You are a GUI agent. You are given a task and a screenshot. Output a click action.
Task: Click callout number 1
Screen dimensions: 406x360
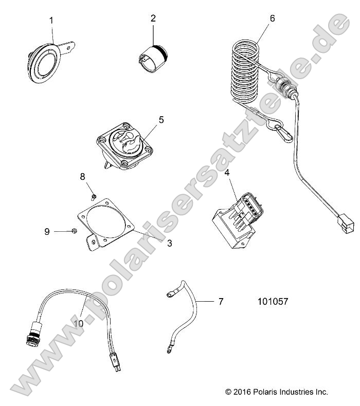(51, 21)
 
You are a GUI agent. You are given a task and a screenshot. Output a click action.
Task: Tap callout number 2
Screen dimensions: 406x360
(153, 19)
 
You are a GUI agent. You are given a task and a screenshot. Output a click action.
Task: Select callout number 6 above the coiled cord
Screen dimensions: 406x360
(272, 19)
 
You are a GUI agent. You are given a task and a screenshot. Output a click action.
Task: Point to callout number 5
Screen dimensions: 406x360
(161, 120)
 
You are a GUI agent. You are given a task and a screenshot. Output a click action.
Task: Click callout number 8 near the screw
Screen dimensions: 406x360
(82, 177)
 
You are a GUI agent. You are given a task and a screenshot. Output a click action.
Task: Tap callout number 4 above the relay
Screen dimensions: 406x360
(227, 173)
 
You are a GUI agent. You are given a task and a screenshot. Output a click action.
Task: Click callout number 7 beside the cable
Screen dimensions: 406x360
(221, 302)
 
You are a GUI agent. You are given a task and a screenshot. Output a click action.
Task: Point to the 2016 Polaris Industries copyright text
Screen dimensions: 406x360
(277, 392)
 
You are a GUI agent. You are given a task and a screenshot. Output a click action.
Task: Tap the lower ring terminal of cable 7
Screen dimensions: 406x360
(168, 352)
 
